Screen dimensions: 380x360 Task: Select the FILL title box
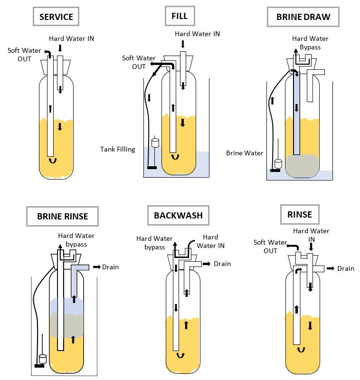tap(179, 16)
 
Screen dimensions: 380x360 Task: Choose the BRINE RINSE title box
tap(62, 216)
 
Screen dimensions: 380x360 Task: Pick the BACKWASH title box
tap(178, 215)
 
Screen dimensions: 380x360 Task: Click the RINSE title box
tap(299, 214)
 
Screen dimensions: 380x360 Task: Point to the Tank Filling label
tap(117, 149)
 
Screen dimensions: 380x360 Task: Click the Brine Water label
tap(245, 153)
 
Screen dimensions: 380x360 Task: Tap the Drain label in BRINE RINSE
tap(110, 267)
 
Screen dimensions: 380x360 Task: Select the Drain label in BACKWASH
tap(222, 264)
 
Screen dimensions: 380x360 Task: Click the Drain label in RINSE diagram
tap(346, 268)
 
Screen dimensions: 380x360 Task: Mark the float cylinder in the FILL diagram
tap(154, 142)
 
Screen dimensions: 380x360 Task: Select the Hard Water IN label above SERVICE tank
tap(71, 38)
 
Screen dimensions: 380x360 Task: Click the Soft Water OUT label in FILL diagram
tap(135, 62)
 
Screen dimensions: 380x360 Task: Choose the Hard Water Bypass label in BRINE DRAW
tap(310, 43)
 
